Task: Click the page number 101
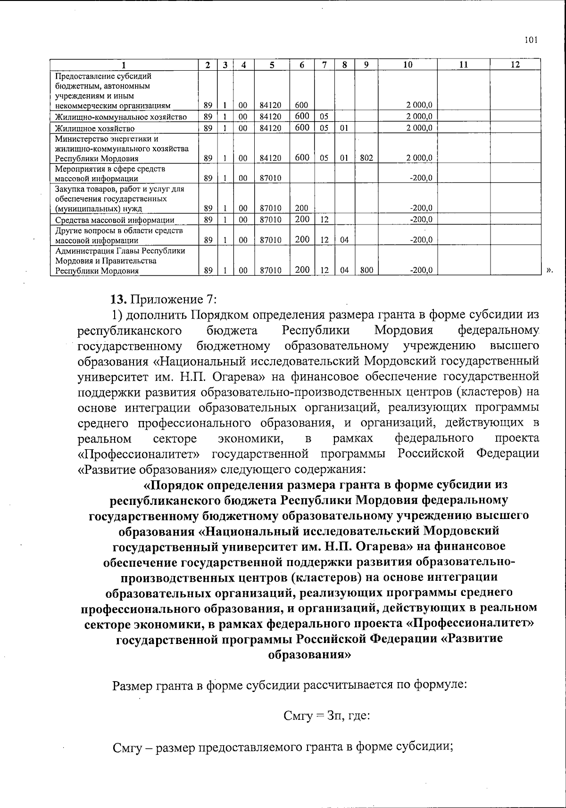[x=531, y=40]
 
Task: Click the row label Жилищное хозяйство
[x=95, y=128]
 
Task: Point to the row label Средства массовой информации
[x=115, y=220]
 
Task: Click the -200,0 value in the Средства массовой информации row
[x=422, y=220]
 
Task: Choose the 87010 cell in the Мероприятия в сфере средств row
[x=271, y=179]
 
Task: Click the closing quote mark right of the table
[x=549, y=271]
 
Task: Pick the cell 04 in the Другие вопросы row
[x=344, y=240]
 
